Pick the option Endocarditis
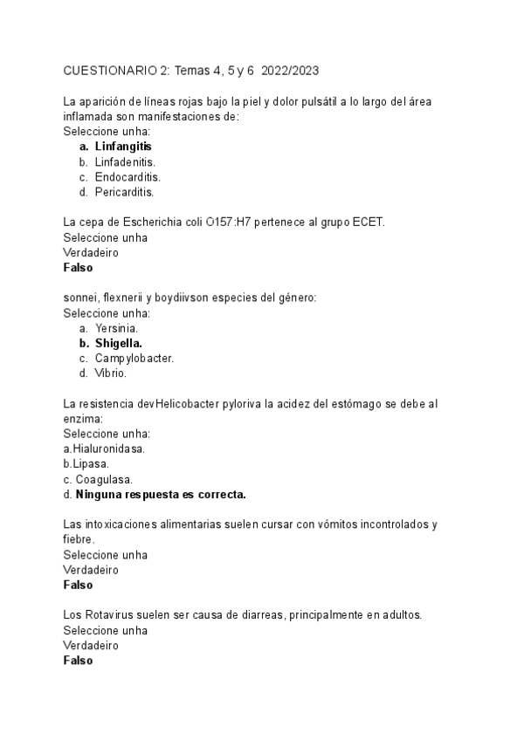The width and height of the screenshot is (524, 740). (128, 176)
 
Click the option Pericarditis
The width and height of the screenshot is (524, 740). (124, 192)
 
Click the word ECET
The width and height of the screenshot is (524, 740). (368, 223)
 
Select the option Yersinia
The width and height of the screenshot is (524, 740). (116, 327)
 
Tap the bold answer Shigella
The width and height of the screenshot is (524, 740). (119, 343)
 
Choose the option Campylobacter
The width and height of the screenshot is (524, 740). (134, 358)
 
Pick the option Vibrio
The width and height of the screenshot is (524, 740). (111, 373)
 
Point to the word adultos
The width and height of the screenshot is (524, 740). (401, 614)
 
